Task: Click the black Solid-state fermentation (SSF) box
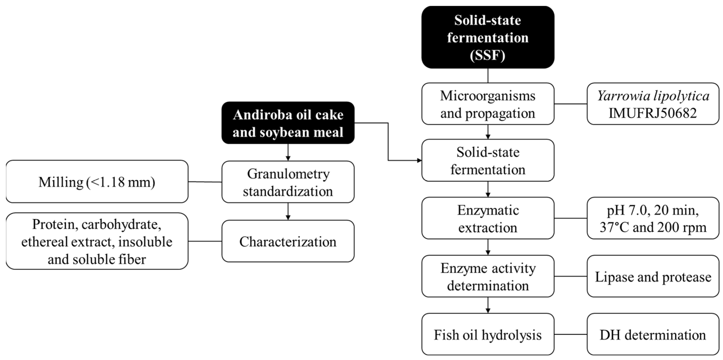[487, 37]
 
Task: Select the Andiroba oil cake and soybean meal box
[288, 123]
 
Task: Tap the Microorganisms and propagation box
[487, 104]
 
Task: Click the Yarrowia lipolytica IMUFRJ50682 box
[653, 104]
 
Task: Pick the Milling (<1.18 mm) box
[97, 182]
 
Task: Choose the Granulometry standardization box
[288, 182]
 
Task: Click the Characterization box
[288, 241]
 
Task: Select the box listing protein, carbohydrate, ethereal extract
[97, 241]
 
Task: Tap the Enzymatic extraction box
[487, 218]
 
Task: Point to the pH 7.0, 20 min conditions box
[653, 218]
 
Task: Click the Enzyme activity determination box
[487, 276]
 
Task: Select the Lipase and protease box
[653, 276]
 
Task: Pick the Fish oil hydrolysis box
[487, 334]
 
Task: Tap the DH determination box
[653, 334]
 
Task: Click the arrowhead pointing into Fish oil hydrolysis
[488, 310]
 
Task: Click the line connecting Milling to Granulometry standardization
[205, 182]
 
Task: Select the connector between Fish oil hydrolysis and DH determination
[570, 334]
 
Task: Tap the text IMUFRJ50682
[653, 113]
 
